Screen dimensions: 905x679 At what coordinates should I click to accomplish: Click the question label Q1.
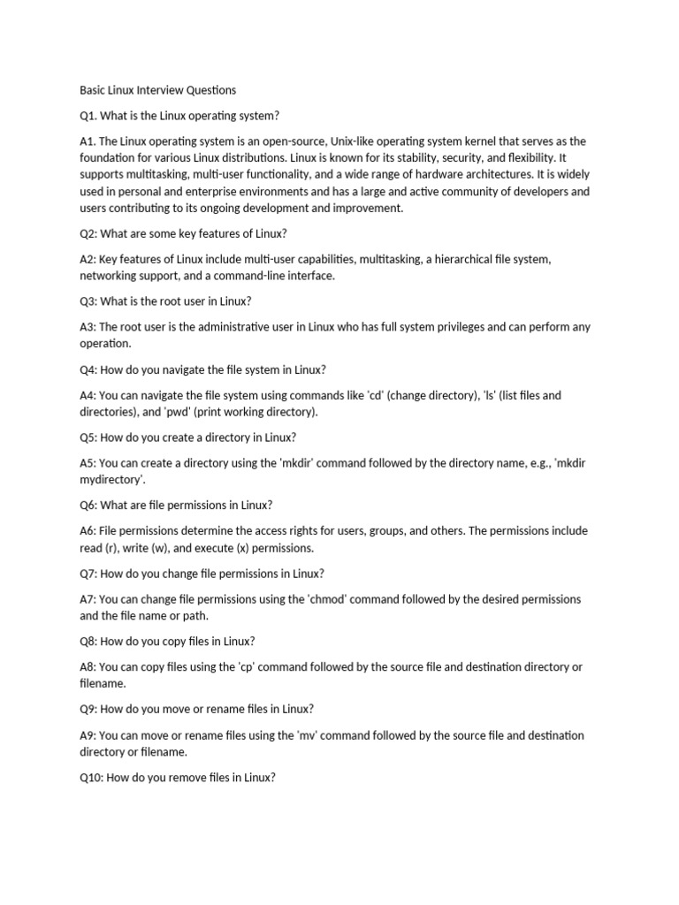[89, 116]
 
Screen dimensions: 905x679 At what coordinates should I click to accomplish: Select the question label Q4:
[91, 369]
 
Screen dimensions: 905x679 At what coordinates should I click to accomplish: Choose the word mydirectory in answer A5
[111, 480]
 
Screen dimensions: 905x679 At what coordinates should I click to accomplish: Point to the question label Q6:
[91, 506]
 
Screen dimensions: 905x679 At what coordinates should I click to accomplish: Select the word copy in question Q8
[185, 642]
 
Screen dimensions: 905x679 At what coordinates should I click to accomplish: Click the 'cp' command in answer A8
[252, 667]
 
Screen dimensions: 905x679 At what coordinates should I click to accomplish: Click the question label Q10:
[94, 778]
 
